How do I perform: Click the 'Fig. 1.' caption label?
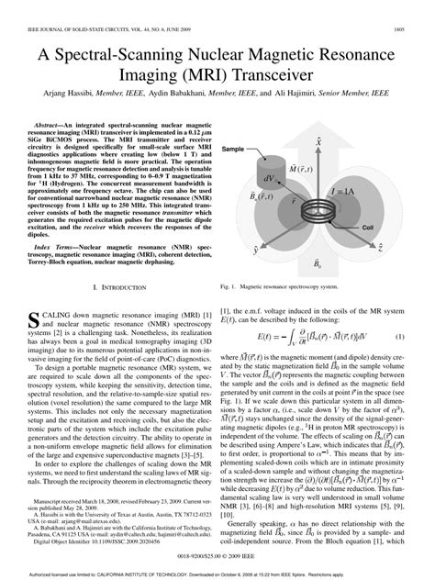click(230, 287)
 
